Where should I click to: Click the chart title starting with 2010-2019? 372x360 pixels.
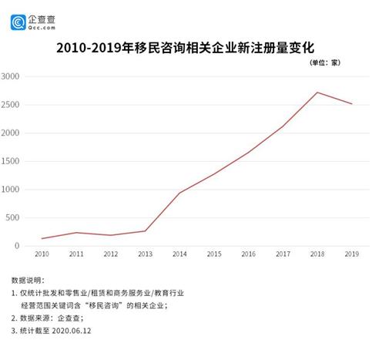[x=186, y=48]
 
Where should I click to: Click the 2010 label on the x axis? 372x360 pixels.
[x=42, y=254]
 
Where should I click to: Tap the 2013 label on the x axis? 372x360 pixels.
[x=145, y=254]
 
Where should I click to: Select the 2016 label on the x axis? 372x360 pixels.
[x=248, y=254]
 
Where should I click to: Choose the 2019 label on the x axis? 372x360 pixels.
[x=351, y=254]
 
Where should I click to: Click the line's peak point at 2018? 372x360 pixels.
[x=317, y=93]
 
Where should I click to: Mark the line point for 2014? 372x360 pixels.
[x=179, y=193]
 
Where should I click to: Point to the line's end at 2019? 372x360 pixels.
[x=351, y=104]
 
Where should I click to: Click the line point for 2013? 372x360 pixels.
[x=145, y=231]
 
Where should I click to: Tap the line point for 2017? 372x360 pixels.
[x=283, y=126]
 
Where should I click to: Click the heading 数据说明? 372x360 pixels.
[x=29, y=279]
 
